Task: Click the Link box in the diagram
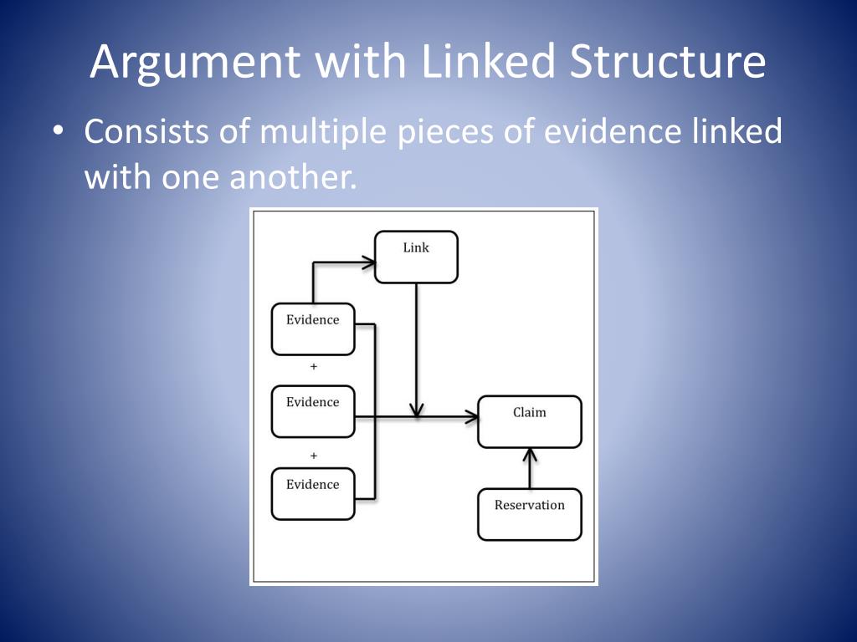point(416,257)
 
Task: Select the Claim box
point(529,421)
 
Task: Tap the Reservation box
point(529,514)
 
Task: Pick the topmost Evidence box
point(313,329)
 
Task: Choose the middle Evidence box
point(313,411)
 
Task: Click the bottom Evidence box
point(313,494)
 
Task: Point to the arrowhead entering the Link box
point(369,262)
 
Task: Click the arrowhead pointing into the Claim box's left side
point(471,416)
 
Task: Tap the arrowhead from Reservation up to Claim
point(529,455)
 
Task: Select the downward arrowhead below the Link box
point(417,410)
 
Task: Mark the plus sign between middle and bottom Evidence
point(314,456)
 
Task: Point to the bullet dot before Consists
point(57,133)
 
